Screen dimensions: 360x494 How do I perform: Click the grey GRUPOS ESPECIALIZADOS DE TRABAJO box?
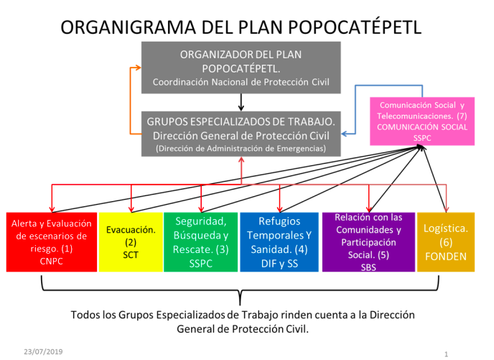click(241, 132)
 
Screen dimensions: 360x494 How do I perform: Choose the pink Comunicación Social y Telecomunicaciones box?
click(422, 119)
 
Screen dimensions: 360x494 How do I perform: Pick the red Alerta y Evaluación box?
click(50, 241)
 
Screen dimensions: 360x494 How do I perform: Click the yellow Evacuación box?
click(131, 241)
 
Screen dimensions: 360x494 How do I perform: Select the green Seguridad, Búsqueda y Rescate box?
click(201, 241)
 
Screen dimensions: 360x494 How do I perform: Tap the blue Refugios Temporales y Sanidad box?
click(279, 241)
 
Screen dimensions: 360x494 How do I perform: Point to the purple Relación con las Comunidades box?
click(368, 241)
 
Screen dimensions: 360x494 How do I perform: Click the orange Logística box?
click(447, 241)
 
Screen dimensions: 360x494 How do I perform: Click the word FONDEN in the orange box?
click(447, 256)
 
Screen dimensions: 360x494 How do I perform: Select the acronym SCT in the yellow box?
click(131, 254)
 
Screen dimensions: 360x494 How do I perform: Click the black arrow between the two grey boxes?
click(241, 101)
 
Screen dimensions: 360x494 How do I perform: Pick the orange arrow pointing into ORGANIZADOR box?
click(135, 68)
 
